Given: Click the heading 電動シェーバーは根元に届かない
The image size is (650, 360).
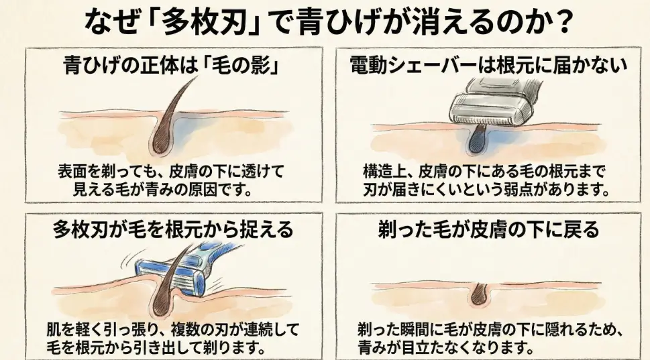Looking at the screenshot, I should [488, 65].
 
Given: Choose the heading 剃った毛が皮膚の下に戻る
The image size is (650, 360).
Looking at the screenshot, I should [488, 230].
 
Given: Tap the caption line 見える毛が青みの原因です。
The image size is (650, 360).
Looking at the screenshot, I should [165, 189].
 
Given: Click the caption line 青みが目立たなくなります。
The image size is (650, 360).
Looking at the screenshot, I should [446, 349].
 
